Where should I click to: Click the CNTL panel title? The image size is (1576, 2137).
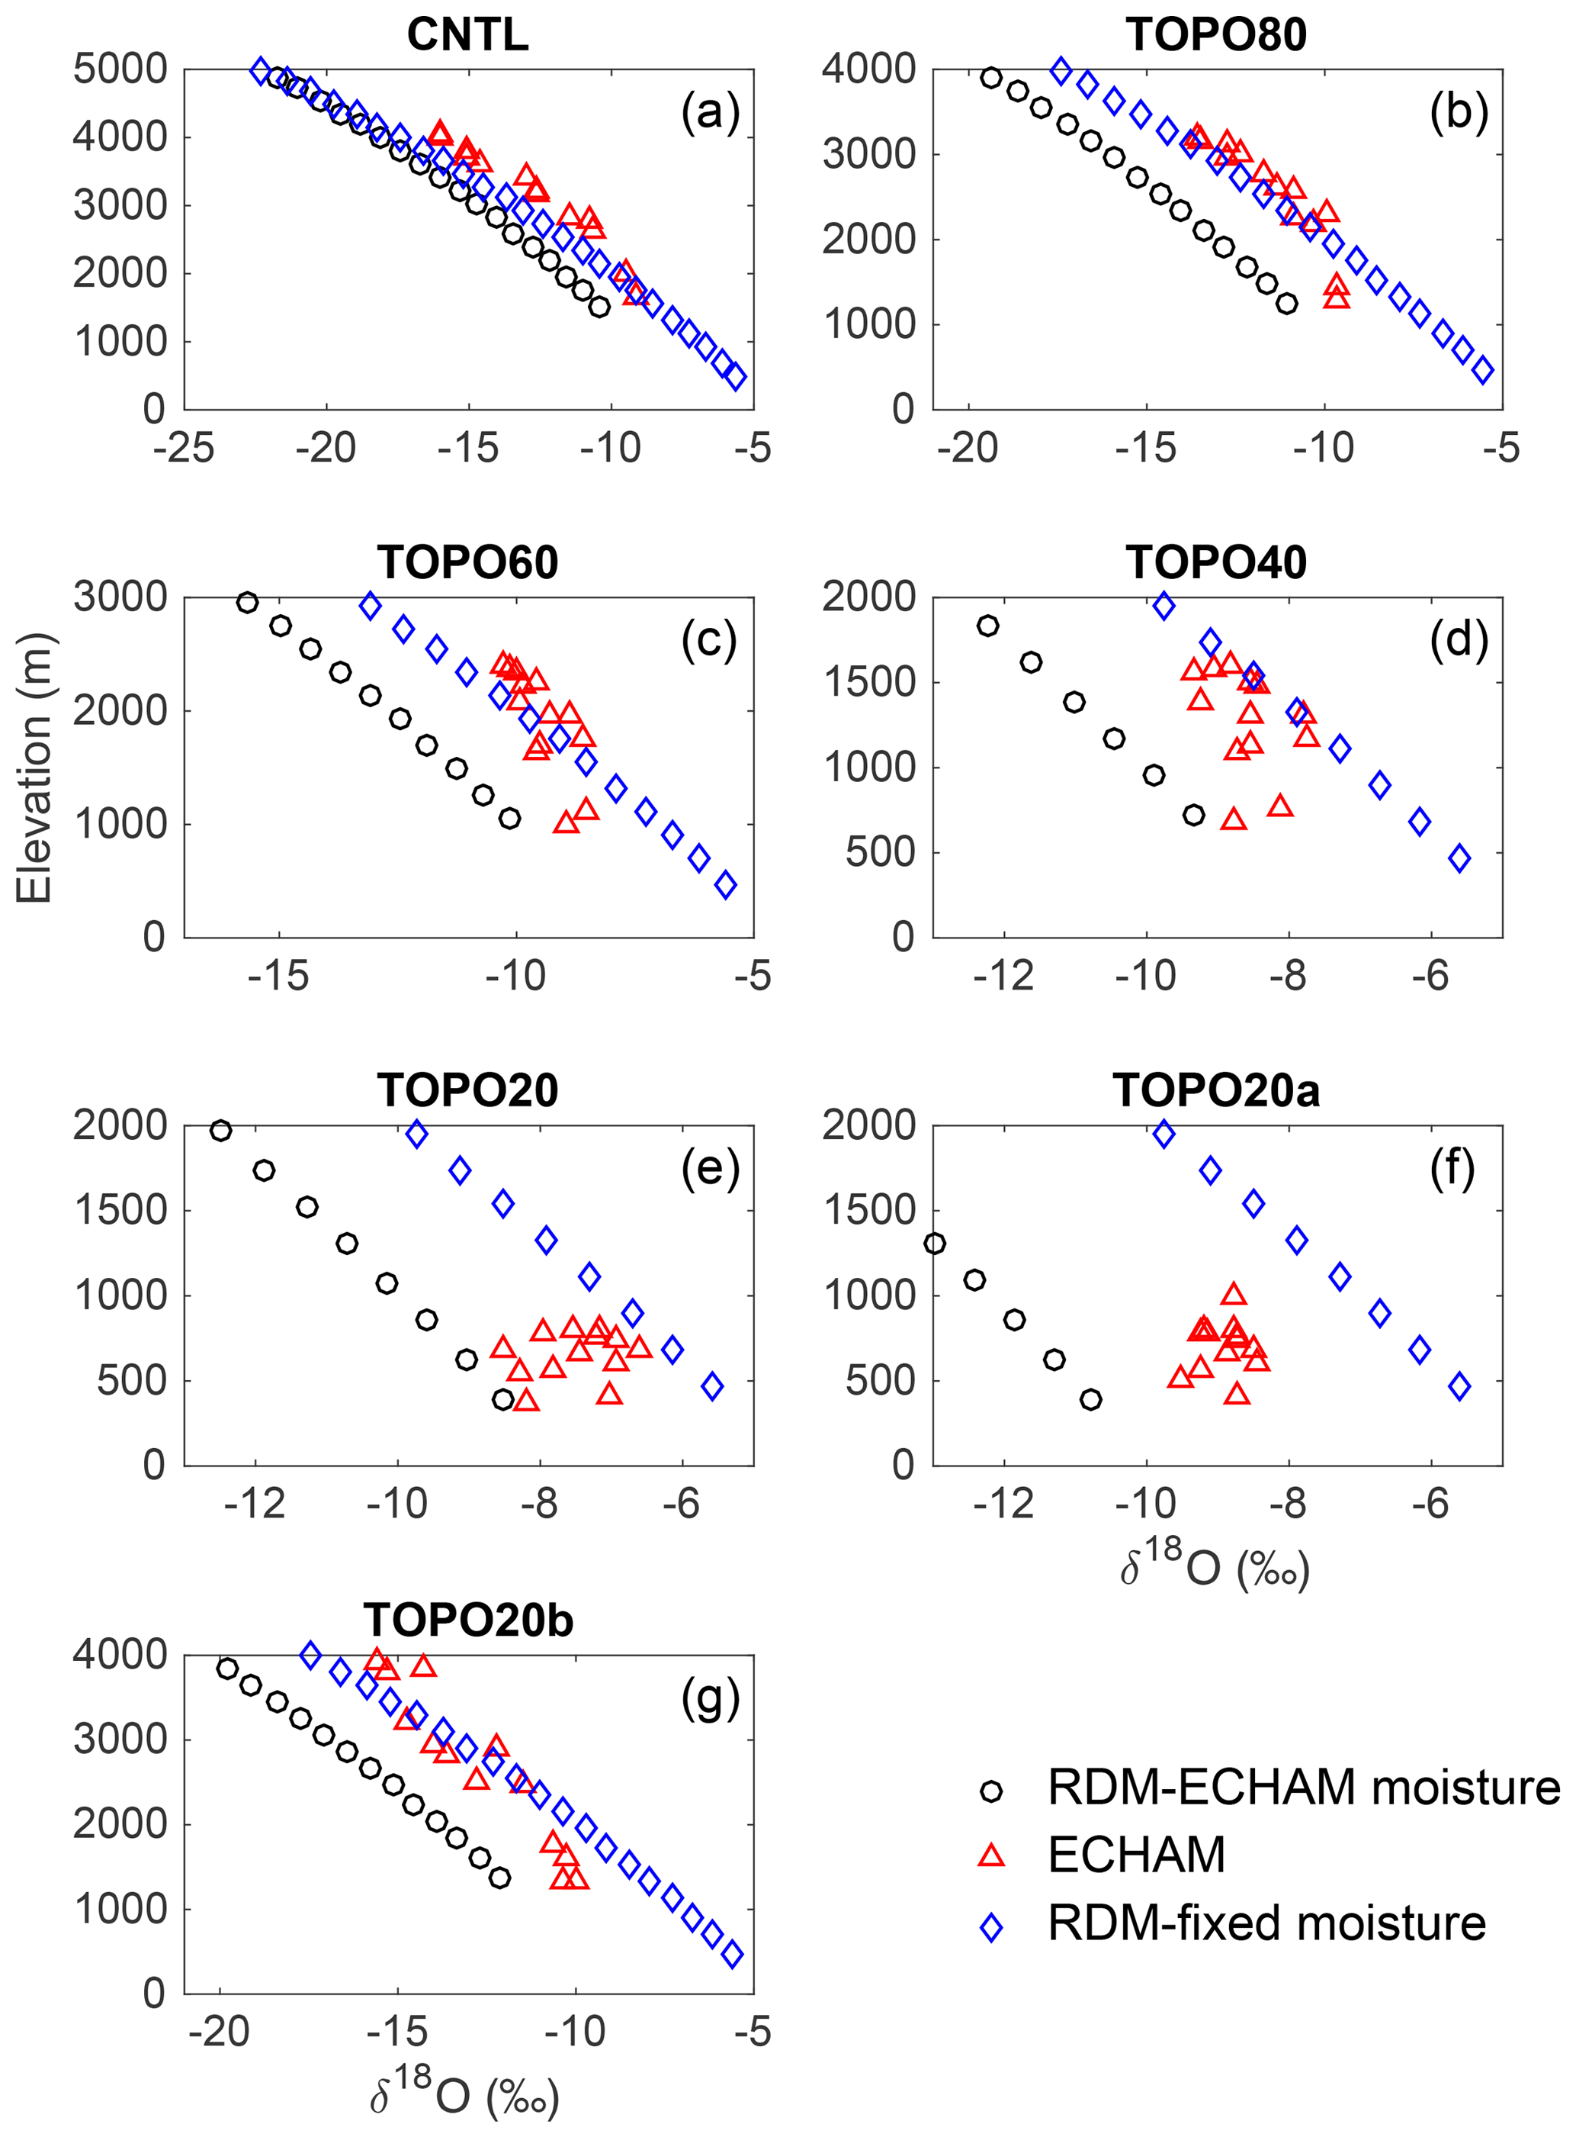[467, 35]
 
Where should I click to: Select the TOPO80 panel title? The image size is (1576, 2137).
[1216, 35]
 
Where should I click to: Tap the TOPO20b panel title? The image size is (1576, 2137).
[467, 1620]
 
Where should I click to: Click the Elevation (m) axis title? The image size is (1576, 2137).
[34, 768]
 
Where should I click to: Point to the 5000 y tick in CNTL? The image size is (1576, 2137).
[120, 69]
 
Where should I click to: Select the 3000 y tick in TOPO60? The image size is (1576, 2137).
[120, 597]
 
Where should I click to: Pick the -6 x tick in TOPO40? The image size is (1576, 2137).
[1431, 976]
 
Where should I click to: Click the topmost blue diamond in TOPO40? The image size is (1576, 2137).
[1164, 605]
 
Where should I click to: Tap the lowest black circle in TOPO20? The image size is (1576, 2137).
[502, 1399]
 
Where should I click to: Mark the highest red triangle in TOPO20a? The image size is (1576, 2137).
[1234, 1294]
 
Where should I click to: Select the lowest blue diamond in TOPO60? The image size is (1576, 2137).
[726, 885]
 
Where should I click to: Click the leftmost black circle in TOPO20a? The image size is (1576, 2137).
[935, 1243]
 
